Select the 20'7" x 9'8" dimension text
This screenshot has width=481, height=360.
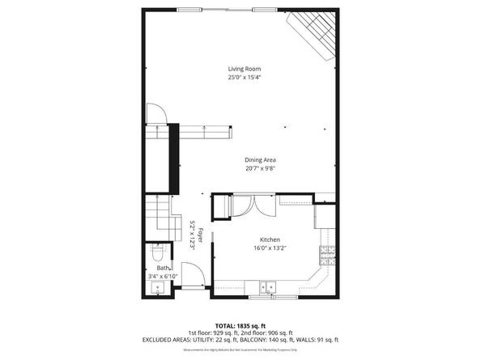(261, 169)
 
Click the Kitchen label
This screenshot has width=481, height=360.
(269, 240)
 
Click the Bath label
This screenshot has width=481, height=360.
(163, 268)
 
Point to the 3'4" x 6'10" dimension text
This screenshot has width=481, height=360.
(162, 277)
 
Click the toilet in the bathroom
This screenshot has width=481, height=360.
(158, 252)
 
